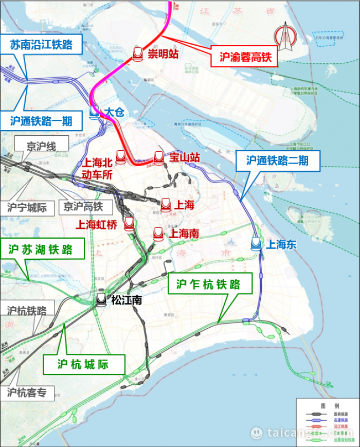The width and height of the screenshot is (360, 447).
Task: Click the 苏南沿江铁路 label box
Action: (x=42, y=44)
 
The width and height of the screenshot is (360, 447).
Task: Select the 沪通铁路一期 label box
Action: (x=41, y=121)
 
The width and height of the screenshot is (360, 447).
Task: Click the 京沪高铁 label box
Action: (x=83, y=207)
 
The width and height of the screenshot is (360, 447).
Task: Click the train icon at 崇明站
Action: (x=138, y=53)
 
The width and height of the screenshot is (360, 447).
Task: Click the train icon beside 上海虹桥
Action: (x=129, y=223)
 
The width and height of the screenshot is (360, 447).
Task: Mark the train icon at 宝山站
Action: (x=159, y=157)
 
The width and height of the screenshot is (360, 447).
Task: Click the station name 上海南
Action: (x=184, y=234)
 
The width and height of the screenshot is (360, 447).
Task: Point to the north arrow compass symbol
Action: (x=284, y=38)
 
